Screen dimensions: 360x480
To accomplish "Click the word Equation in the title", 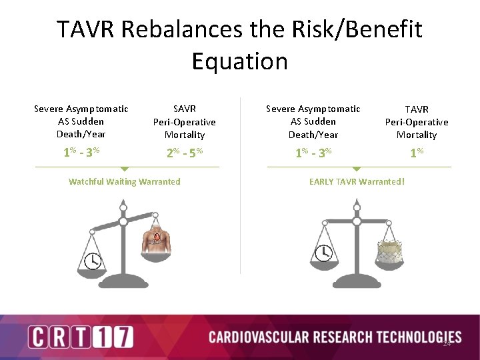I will (x=240, y=61).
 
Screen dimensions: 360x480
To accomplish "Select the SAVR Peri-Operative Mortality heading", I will (x=184, y=121).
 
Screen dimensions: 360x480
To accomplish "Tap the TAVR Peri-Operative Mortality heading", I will (x=416, y=121).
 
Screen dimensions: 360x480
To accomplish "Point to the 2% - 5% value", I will (x=184, y=152).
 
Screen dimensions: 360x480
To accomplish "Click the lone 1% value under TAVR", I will (x=416, y=152).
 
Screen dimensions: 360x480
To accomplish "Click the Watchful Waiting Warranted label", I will (x=124, y=181).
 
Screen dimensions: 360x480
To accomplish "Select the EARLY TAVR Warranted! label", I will (x=357, y=181).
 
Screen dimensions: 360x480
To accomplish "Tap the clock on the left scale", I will (x=93, y=260).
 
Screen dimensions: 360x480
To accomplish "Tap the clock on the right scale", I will (x=325, y=253).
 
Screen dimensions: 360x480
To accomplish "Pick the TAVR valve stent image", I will (x=388, y=251).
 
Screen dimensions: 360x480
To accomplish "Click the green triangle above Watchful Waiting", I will (x=124, y=169).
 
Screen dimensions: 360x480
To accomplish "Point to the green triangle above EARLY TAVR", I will (x=357, y=169).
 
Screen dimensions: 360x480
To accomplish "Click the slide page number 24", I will (x=447, y=344).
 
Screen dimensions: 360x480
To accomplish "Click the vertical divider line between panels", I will (x=241, y=187).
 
